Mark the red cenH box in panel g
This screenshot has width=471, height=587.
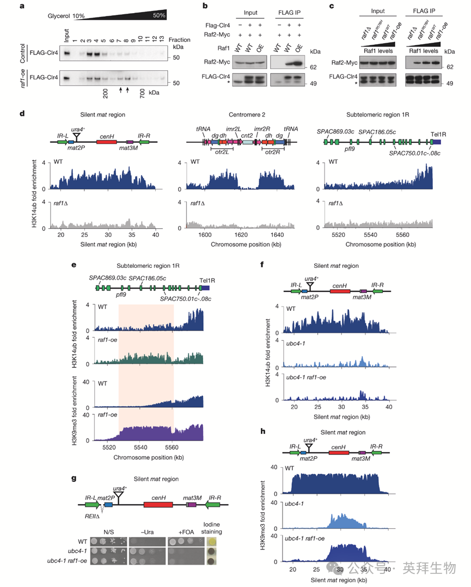click(158, 505)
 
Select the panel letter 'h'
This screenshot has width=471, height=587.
click(264, 432)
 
